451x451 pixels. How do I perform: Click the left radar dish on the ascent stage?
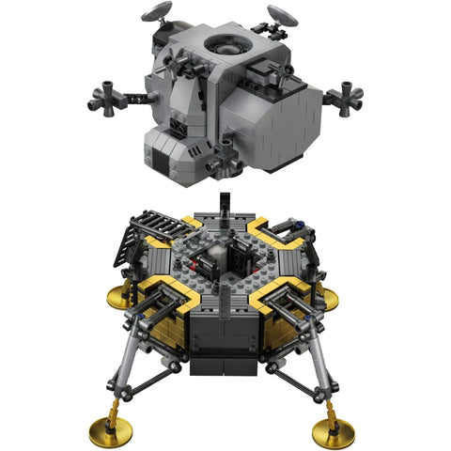click(156, 13)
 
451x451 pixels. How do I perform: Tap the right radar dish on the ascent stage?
click(281, 14)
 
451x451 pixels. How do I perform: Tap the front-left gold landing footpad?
click(110, 430)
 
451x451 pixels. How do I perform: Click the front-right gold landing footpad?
click(334, 431)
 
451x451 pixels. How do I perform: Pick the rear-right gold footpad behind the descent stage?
click(327, 299)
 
